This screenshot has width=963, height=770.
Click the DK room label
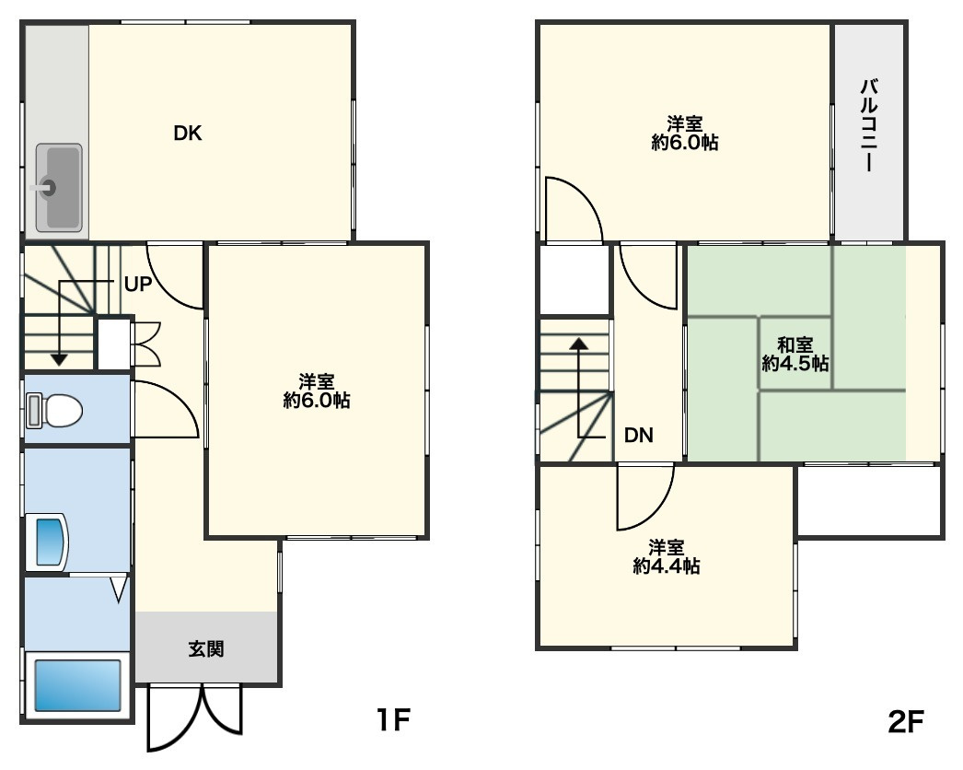[187, 134]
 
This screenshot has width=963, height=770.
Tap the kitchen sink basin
[59, 187]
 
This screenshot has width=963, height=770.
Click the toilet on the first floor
[54, 411]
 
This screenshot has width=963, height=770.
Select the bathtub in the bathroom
[77, 685]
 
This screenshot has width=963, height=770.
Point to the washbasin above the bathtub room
[47, 542]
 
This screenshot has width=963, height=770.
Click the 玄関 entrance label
[205, 649]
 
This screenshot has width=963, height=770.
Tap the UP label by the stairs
[137, 284]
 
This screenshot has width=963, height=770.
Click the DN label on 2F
[638, 435]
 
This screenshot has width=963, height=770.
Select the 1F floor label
[392, 719]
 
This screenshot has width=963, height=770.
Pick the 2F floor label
[906, 721]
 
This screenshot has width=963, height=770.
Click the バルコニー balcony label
[869, 124]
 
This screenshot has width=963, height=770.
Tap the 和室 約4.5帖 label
[795, 355]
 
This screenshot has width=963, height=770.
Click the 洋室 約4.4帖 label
[667, 556]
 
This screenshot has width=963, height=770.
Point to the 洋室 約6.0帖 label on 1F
[317, 391]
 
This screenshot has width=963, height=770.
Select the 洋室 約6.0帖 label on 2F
[685, 134]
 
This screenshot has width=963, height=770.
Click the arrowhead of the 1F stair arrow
[59, 359]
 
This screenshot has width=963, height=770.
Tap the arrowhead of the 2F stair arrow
[578, 343]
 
